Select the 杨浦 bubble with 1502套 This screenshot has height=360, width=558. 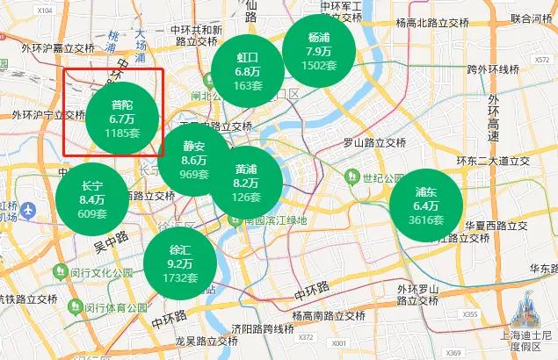(x=319, y=51)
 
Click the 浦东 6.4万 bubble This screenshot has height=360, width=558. (x=426, y=205)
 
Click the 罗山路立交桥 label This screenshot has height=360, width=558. (x=374, y=142)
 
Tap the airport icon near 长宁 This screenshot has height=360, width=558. (x=29, y=212)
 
